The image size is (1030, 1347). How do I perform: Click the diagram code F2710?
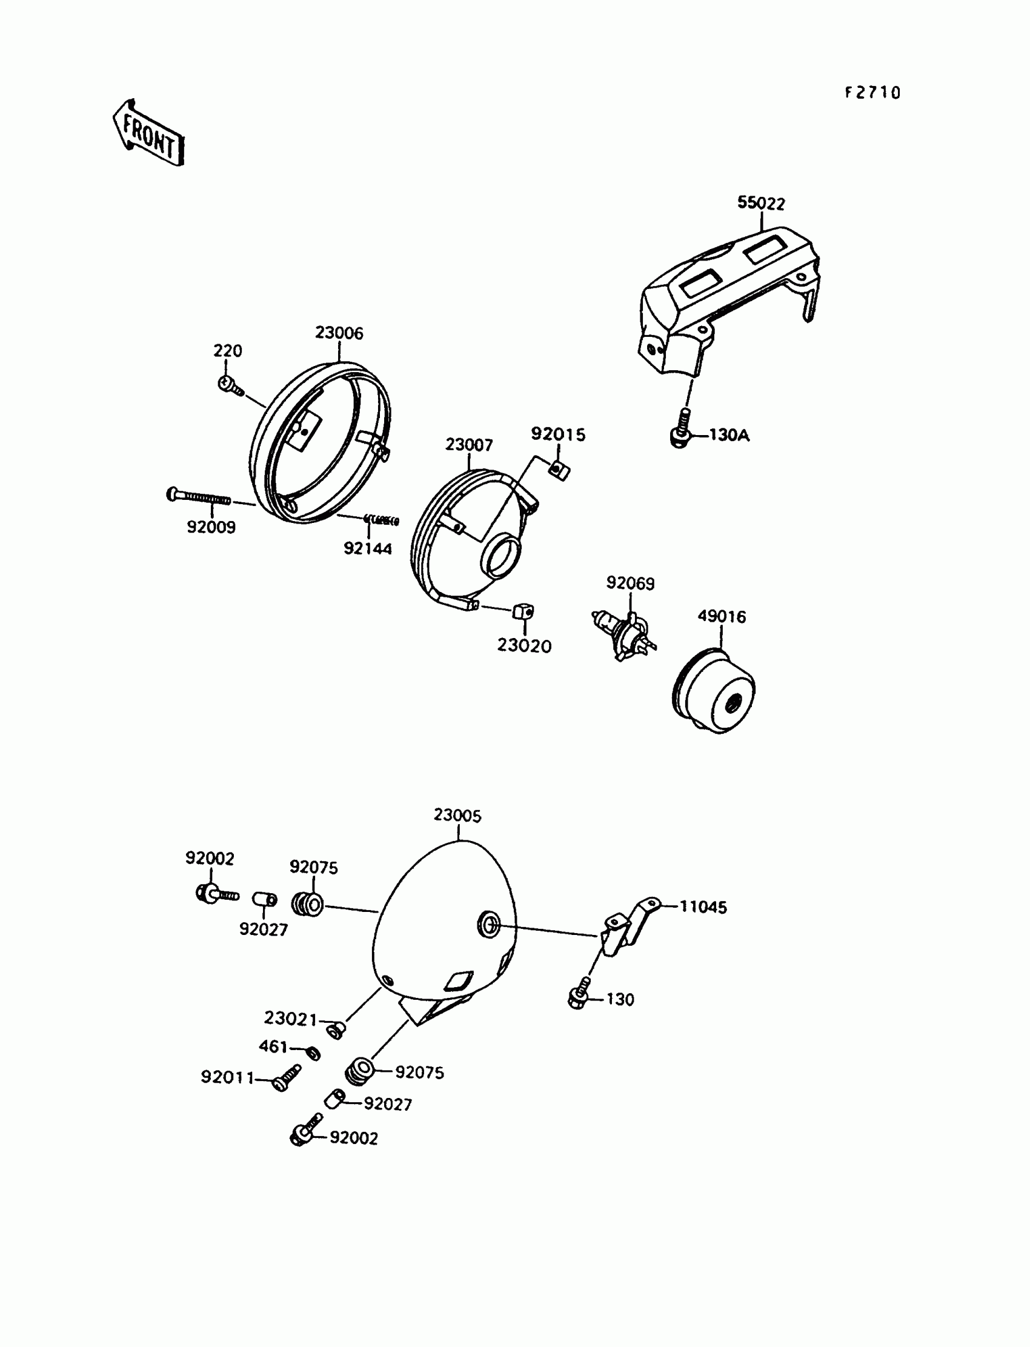point(872,93)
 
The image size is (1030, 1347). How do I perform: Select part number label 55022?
point(761,203)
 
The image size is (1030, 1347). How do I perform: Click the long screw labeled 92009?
point(198,496)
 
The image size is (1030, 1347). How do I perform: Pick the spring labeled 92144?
point(381,521)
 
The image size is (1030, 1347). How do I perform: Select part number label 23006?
point(339,333)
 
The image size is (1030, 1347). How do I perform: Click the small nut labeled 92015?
point(559,470)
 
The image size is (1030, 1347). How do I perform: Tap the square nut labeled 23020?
point(523,611)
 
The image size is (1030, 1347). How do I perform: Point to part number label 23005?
point(457,816)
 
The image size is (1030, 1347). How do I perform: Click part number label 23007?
point(469,445)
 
